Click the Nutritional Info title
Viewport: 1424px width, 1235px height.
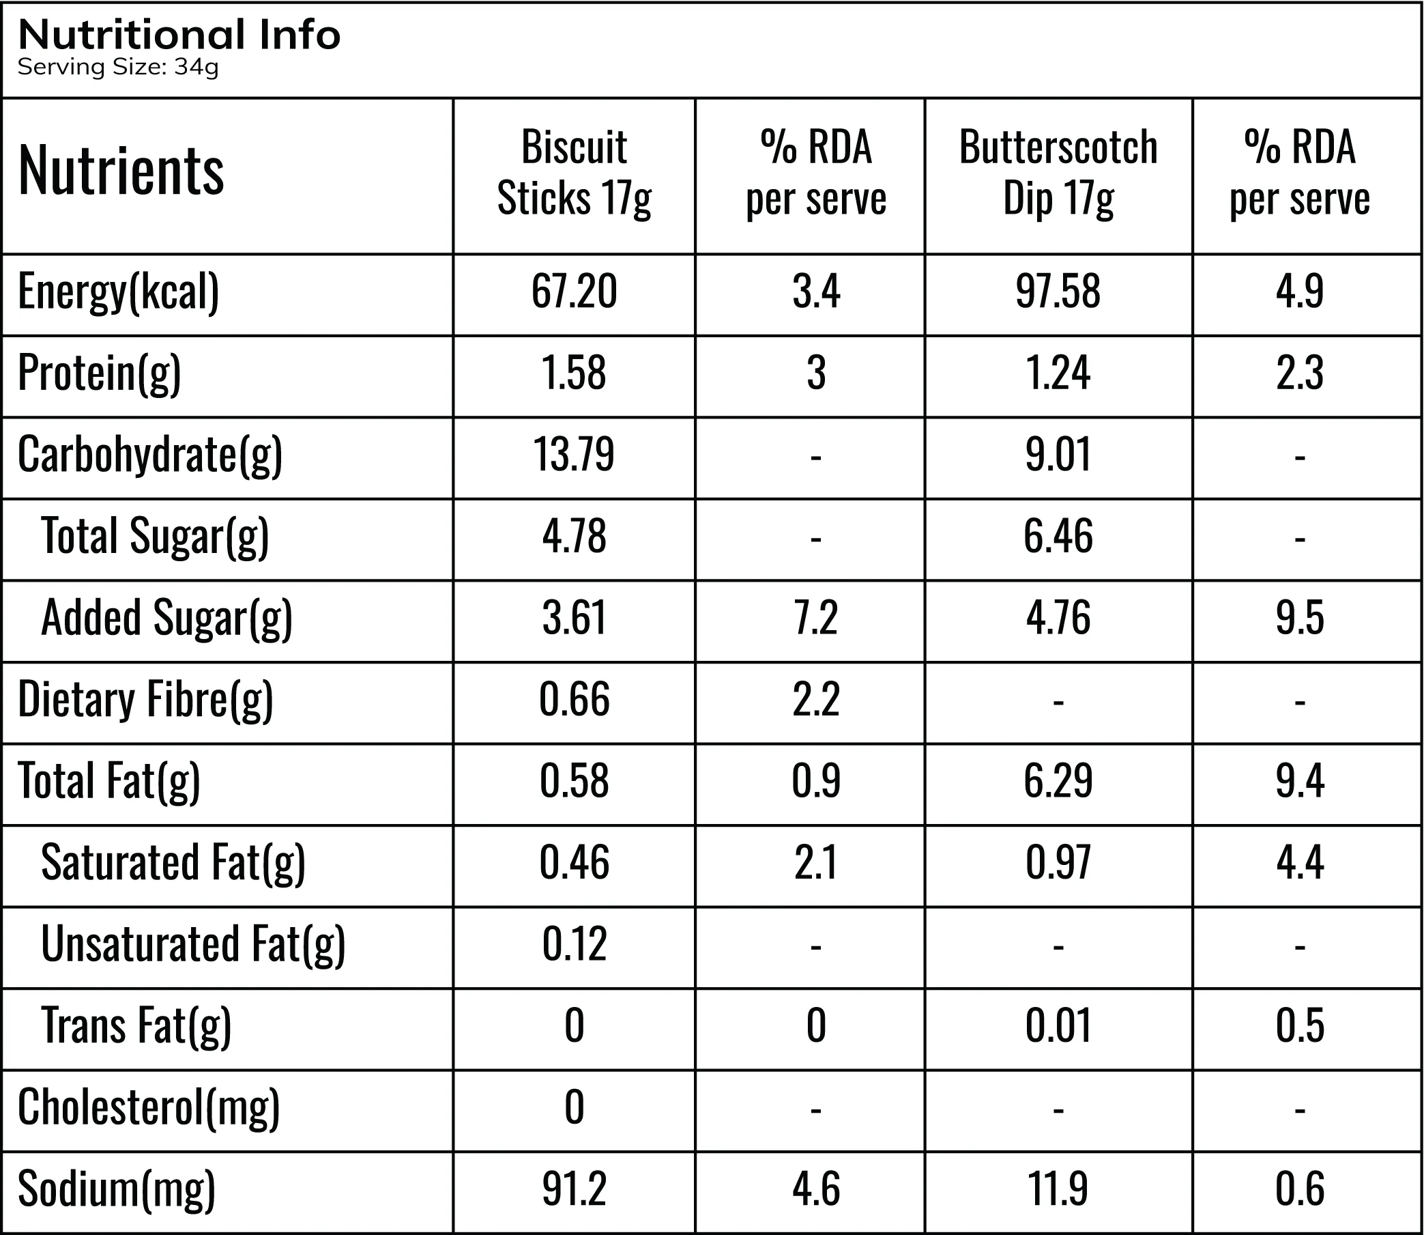click(x=179, y=34)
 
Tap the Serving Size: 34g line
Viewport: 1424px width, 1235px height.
click(x=118, y=67)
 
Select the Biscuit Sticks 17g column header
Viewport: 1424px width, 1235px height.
click(x=575, y=173)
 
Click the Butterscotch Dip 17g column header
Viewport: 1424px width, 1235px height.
click(x=1058, y=173)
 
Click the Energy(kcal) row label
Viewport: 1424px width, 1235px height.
click(x=119, y=292)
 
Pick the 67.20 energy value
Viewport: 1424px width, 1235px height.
click(x=574, y=292)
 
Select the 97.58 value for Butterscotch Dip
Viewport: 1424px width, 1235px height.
click(x=1058, y=292)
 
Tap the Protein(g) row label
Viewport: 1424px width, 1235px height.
click(x=99, y=373)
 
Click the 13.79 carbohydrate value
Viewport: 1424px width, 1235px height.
click(x=574, y=455)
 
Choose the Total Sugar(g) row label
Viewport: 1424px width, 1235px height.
click(x=155, y=536)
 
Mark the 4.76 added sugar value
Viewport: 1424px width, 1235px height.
click(x=1058, y=617)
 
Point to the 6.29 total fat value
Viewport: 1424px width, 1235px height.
click(x=1058, y=781)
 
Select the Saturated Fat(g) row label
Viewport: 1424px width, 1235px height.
click(x=173, y=863)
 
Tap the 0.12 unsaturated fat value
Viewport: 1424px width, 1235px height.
click(x=574, y=943)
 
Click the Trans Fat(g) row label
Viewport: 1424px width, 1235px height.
click(x=136, y=1026)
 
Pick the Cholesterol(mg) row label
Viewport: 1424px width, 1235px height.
click(x=149, y=1107)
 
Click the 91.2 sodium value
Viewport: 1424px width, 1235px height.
click(x=574, y=1189)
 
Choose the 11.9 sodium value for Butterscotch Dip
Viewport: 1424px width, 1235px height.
click(x=1058, y=1189)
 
